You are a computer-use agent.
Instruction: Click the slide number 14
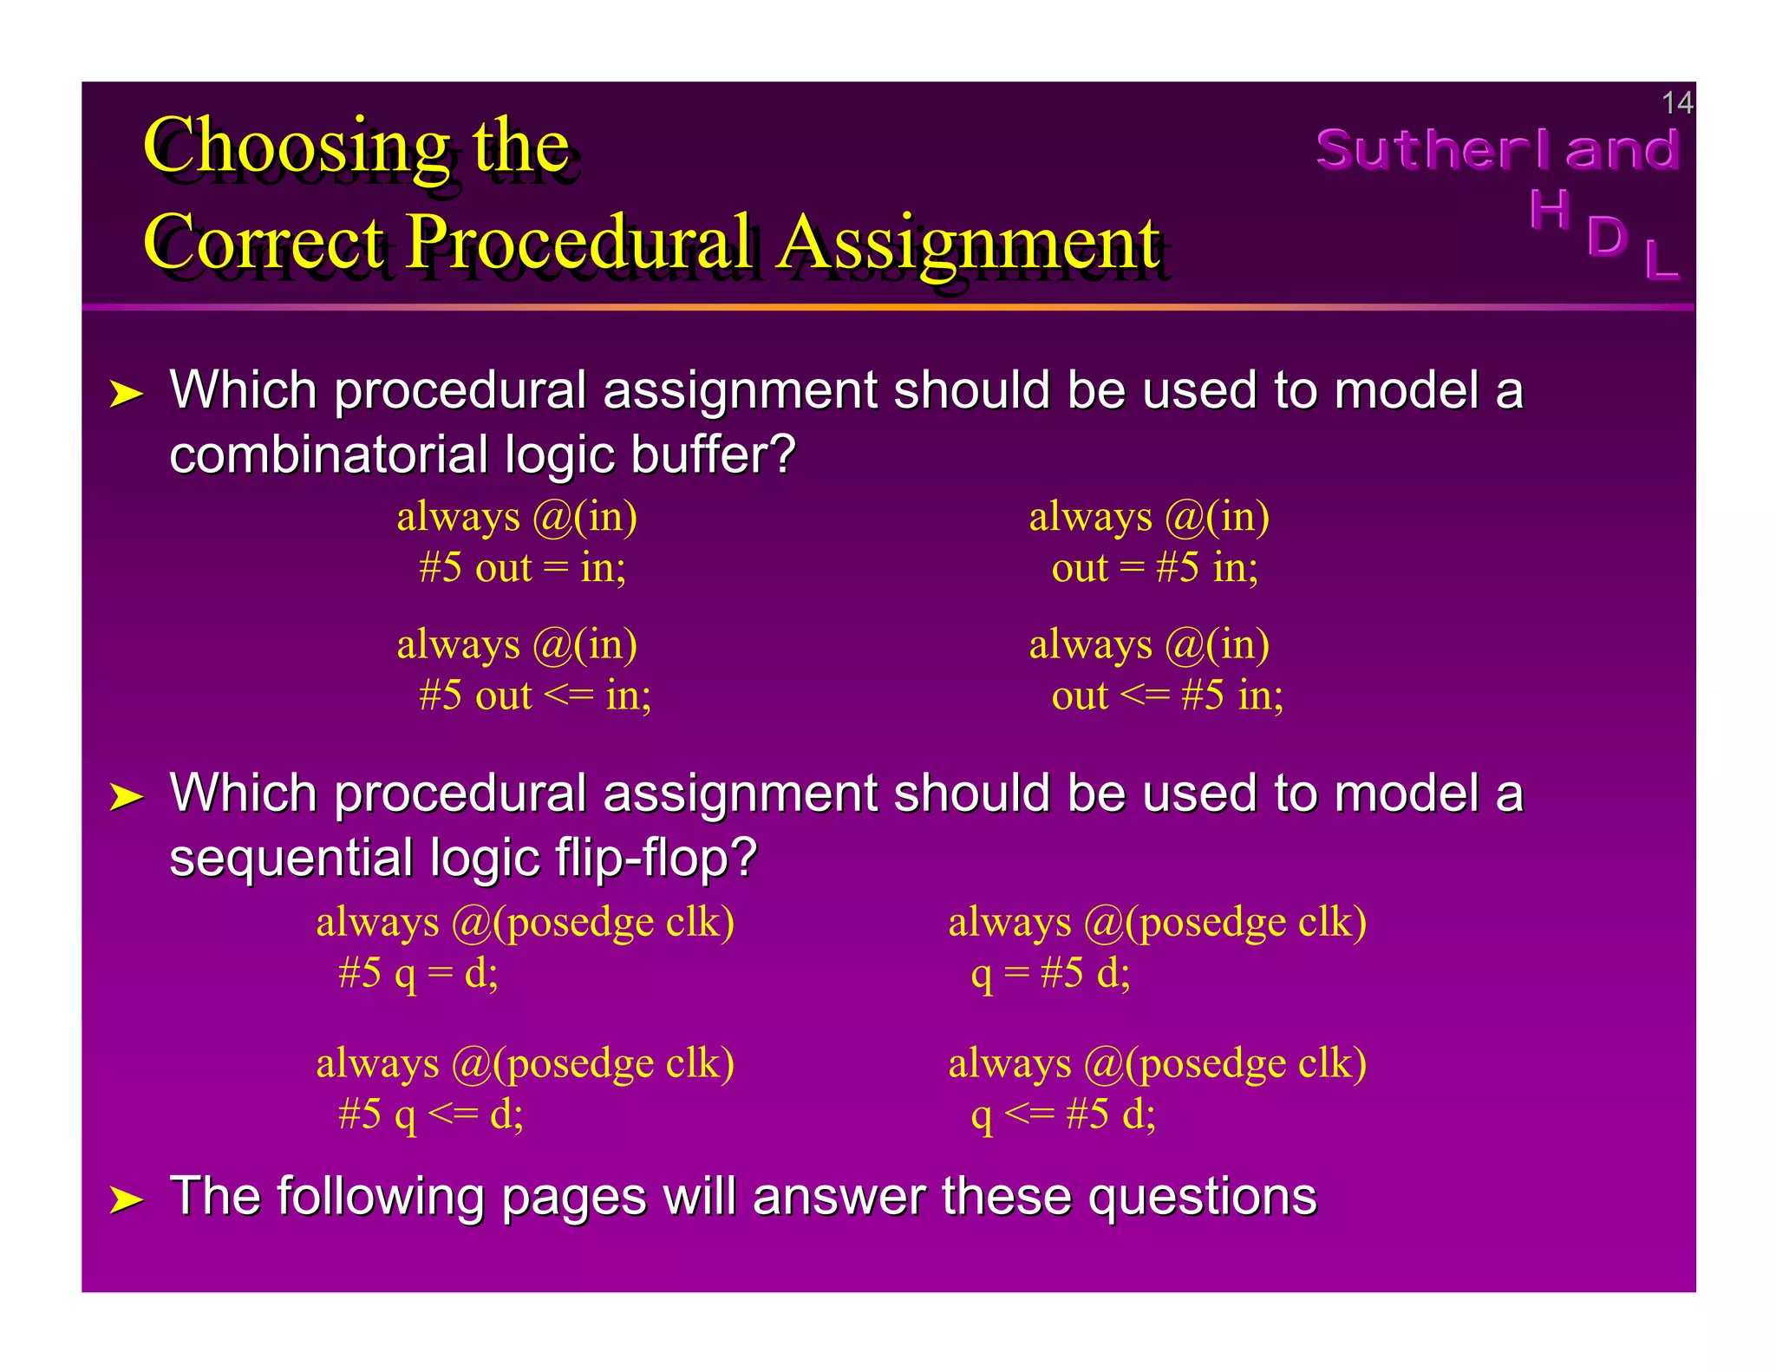click(1675, 103)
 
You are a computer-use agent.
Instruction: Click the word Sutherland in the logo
click(1497, 149)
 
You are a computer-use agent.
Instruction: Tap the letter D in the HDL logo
click(1606, 236)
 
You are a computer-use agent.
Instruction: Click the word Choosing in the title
click(296, 147)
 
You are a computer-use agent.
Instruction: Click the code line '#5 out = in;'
click(522, 568)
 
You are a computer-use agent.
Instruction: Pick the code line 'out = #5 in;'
click(1154, 568)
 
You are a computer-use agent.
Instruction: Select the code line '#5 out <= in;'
click(535, 696)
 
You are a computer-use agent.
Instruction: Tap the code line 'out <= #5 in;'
click(1167, 696)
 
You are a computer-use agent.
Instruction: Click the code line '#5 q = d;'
click(419, 973)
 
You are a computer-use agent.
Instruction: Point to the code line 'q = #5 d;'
click(1050, 973)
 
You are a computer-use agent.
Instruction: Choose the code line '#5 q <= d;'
click(431, 1114)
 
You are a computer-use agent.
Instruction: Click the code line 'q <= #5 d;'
click(1063, 1114)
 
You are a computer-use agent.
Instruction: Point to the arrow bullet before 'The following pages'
click(127, 1200)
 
